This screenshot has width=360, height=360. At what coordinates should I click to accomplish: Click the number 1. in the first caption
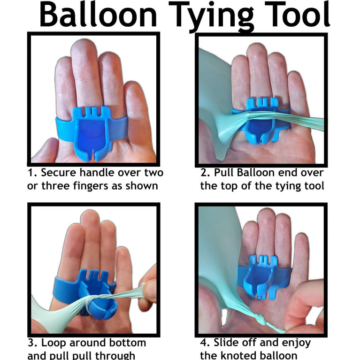tap(32, 173)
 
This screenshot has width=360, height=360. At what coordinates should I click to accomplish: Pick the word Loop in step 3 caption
tap(54, 343)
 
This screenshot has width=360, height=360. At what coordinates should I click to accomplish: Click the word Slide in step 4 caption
tap(229, 343)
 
